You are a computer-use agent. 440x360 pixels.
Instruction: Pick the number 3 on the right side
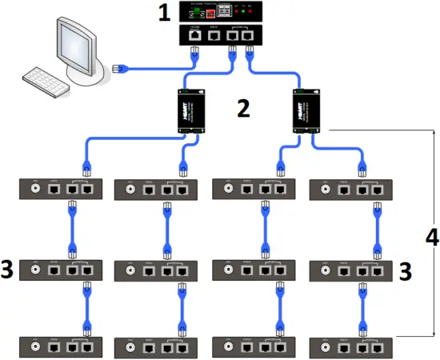click(405, 271)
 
